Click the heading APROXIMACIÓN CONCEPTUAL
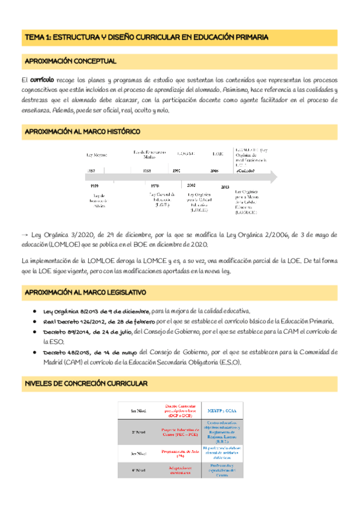click(x=70, y=61)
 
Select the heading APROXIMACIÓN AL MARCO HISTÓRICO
click(x=82, y=131)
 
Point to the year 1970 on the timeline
click(x=155, y=186)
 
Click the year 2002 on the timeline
click(x=191, y=185)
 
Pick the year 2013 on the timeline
click(x=225, y=187)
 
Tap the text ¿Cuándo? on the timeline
click(x=245, y=171)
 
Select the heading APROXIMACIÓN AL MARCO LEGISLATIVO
click(x=85, y=292)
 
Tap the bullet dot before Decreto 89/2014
click(x=37, y=331)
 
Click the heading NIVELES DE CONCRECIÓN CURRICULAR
click(x=85, y=384)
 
